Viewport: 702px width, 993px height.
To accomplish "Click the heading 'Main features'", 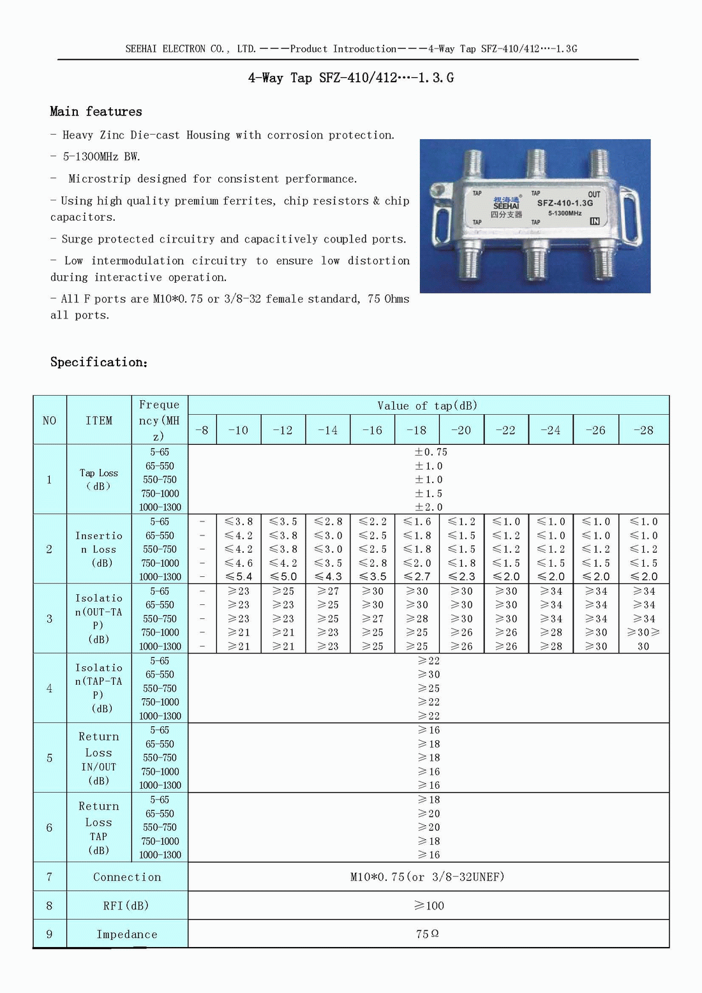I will (96, 112).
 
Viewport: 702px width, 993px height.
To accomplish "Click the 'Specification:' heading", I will (99, 362).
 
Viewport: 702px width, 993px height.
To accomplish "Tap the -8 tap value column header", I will (202, 430).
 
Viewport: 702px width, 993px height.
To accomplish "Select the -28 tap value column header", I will (643, 430).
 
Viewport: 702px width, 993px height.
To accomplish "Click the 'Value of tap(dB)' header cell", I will (428, 406).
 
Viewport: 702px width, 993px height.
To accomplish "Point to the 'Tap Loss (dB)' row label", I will (99, 479).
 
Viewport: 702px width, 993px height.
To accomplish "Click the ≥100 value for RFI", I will (429, 906).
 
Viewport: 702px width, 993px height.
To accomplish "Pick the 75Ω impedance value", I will (428, 934).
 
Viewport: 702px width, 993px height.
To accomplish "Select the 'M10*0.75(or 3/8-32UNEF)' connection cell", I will (428, 877).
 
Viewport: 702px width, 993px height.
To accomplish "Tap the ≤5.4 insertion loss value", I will (239, 577).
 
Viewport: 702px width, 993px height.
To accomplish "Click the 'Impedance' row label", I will (127, 934).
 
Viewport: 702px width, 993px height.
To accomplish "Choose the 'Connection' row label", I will (127, 877).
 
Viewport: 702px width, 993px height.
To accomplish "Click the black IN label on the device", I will (595, 221).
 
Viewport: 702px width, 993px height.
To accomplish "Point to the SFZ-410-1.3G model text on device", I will (565, 204).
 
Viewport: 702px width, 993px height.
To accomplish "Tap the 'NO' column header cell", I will (49, 421).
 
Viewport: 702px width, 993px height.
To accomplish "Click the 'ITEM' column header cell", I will (99, 421).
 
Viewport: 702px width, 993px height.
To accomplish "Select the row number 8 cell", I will (49, 906).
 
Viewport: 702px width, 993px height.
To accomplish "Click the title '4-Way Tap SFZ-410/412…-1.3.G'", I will (351, 78).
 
